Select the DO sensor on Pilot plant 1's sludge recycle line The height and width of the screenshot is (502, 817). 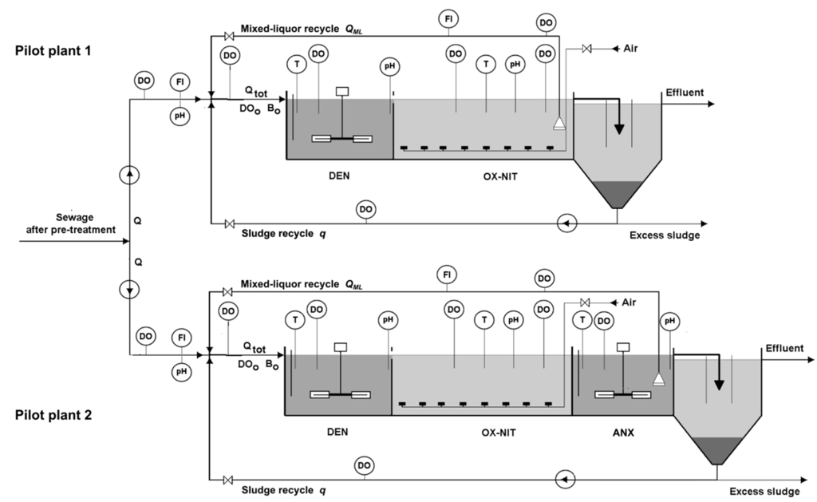tap(365, 209)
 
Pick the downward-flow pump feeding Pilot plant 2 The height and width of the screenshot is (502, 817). tap(131, 289)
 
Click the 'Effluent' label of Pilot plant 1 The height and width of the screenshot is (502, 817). tap(685, 93)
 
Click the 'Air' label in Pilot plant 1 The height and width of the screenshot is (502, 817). tap(631, 49)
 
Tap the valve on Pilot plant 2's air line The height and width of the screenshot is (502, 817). tap(585, 302)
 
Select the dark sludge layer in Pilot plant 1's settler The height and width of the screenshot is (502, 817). tap(616, 192)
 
